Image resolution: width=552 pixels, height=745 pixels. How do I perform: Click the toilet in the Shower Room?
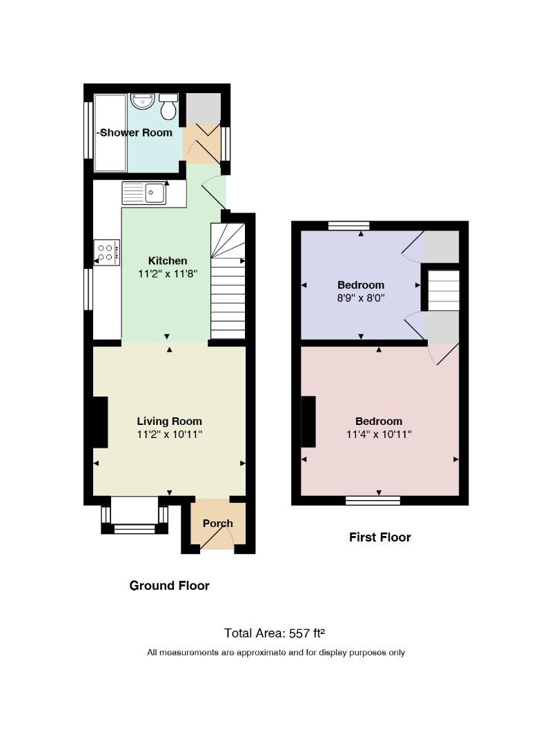click(168, 106)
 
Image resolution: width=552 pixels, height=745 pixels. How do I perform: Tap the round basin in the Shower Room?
click(142, 101)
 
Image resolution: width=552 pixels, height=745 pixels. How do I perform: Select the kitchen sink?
click(144, 193)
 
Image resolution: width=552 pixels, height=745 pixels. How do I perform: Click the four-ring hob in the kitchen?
click(106, 252)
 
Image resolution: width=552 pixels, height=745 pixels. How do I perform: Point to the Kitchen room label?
click(168, 260)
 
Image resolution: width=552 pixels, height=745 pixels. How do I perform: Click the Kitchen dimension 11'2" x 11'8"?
click(168, 274)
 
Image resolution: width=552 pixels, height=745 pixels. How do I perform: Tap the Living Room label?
click(169, 421)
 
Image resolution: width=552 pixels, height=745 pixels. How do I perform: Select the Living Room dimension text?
click(169, 434)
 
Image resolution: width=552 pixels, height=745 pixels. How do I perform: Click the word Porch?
click(218, 523)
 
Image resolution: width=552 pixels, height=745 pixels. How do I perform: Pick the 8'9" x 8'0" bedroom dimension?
click(360, 298)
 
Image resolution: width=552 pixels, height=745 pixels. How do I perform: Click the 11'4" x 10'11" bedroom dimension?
click(379, 434)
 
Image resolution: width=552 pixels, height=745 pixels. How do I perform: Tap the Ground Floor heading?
click(169, 586)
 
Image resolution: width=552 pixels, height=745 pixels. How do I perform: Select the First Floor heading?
click(380, 537)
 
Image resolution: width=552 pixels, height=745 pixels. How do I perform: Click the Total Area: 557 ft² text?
click(275, 633)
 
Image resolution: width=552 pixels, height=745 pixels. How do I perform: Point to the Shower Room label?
click(136, 132)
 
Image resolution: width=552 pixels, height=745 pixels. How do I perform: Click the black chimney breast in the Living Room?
click(100, 421)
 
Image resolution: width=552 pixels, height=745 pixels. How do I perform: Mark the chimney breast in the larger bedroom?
click(308, 421)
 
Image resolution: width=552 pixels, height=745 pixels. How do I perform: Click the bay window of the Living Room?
click(135, 516)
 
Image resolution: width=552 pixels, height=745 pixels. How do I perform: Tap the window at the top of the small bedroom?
click(348, 226)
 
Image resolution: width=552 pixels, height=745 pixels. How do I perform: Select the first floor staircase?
click(443, 290)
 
